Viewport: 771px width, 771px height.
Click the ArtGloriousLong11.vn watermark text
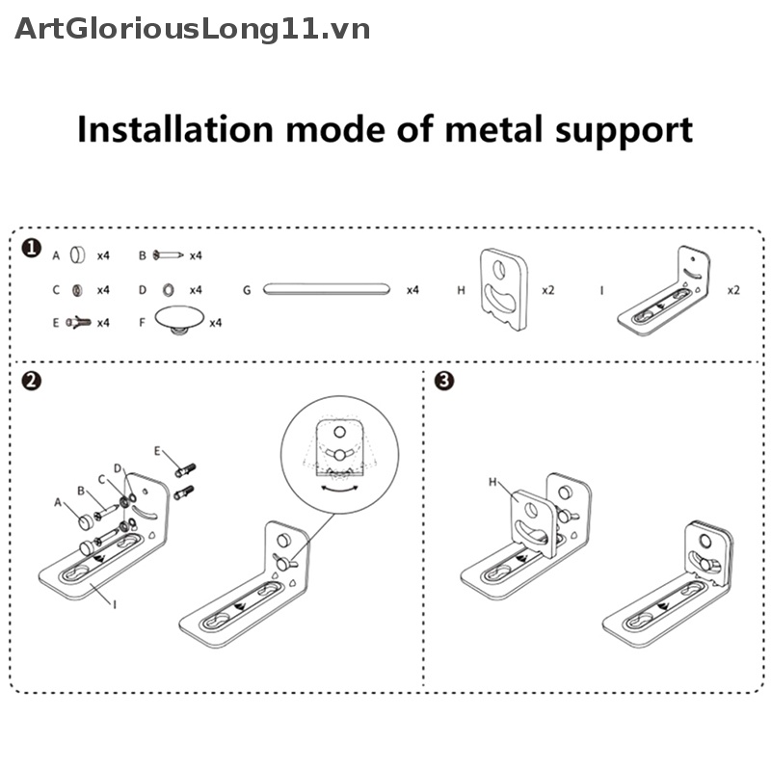coord(193,29)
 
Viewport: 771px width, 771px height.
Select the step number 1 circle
coord(32,250)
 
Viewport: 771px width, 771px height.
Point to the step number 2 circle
coord(32,381)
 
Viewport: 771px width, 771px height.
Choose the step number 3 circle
coord(444,381)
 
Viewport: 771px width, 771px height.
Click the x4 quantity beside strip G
coord(412,289)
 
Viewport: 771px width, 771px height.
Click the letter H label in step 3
coord(492,481)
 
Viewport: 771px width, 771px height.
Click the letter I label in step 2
coord(114,604)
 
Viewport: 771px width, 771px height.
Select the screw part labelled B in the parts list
coord(170,255)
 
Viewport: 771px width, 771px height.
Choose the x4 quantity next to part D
coord(196,289)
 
